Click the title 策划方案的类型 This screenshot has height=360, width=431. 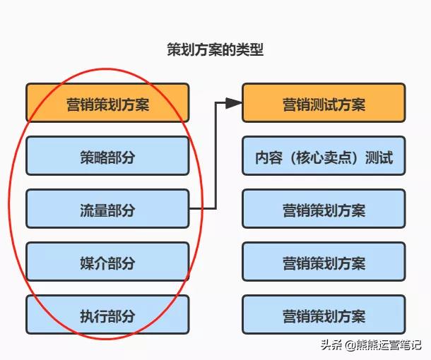215,49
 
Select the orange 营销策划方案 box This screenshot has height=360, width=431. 107,102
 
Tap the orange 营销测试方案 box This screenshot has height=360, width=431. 324,102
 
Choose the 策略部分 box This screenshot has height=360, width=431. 107,155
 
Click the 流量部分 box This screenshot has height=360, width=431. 107,208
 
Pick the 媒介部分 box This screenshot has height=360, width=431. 107,261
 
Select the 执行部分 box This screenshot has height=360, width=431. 107,314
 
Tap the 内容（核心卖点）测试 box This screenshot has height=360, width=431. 324,155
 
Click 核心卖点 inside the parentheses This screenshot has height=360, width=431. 324,157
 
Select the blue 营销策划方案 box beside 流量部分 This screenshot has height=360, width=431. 324,208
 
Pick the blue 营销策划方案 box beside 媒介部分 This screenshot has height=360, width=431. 324,261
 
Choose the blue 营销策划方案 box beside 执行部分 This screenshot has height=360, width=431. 324,314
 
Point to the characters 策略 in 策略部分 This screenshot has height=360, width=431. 94,157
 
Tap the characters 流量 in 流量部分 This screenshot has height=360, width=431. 94,210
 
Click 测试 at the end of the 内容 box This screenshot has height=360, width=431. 379,157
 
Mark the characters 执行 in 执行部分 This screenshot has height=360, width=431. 94,316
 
